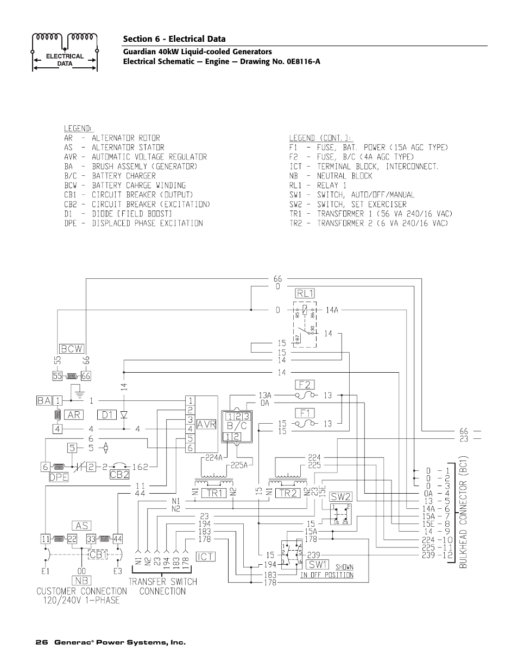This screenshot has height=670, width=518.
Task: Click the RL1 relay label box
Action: point(305,293)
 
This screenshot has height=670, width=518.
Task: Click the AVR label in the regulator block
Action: point(206,425)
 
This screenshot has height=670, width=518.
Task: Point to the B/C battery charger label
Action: point(238,426)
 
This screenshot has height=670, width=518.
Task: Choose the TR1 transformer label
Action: point(216,493)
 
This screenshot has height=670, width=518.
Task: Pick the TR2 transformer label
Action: point(287,493)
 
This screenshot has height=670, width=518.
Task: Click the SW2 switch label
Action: point(341,496)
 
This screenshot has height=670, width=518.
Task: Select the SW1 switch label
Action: point(319,564)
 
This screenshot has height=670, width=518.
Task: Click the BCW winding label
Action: point(72,348)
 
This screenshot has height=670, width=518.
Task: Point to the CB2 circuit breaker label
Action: point(119,475)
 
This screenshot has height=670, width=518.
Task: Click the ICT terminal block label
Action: point(206,557)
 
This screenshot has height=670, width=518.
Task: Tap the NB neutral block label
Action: point(83,580)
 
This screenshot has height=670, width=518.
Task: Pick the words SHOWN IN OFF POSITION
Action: point(327,571)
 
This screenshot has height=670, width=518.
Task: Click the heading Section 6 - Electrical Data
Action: point(174,39)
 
